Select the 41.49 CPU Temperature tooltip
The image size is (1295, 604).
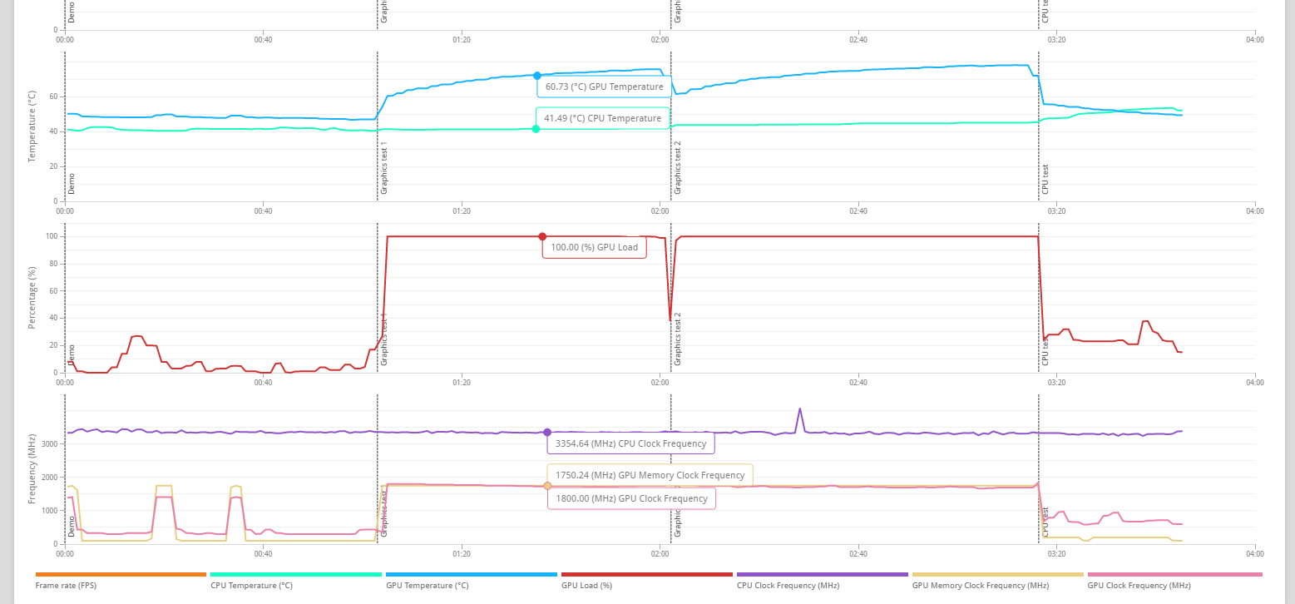point(602,119)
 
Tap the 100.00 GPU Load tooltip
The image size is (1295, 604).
point(594,247)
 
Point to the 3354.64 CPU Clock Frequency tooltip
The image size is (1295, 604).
point(630,443)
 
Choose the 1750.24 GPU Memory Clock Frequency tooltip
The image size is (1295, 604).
point(650,475)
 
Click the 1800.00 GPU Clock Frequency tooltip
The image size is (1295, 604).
point(630,498)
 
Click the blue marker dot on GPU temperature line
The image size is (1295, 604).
point(537,76)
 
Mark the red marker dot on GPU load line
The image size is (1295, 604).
point(542,236)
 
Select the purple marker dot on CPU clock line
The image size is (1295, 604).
point(547,433)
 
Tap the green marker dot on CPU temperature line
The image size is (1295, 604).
point(536,129)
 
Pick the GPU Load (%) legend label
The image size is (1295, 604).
point(586,586)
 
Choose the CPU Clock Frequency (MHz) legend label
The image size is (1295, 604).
point(788,586)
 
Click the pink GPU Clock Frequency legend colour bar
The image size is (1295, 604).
point(1174,574)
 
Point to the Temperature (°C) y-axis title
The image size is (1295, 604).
point(32,126)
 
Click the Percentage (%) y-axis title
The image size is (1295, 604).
point(32,298)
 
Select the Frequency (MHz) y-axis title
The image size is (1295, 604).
point(32,469)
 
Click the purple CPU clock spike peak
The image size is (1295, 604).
point(799,408)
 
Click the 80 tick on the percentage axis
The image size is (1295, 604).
point(53,264)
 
